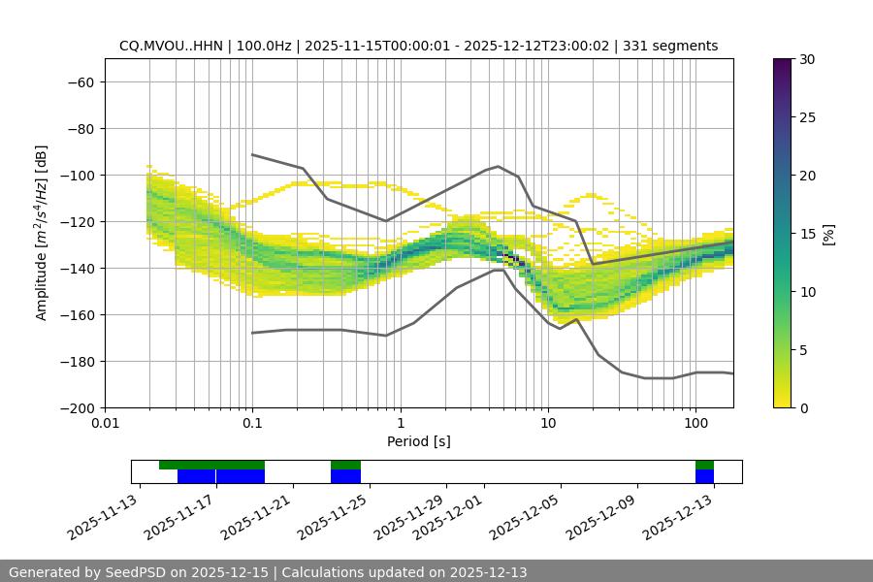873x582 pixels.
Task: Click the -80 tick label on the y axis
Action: [x=80, y=128]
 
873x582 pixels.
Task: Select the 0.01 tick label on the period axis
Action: [x=105, y=424]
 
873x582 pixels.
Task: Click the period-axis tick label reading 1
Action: [x=401, y=424]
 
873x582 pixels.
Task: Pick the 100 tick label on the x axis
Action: [x=695, y=424]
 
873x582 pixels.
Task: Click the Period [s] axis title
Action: [x=418, y=441]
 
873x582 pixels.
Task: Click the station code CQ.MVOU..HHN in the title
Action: [x=171, y=46]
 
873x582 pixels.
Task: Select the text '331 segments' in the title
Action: [x=670, y=46]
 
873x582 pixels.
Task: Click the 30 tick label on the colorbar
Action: [x=806, y=59]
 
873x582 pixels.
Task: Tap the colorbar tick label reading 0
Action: [x=802, y=407]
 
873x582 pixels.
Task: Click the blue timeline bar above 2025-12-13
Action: [x=704, y=476]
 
